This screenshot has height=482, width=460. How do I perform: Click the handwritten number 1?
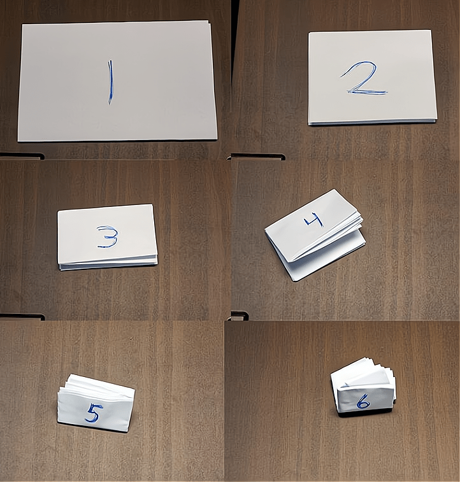coord(110,82)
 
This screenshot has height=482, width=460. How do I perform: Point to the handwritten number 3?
coord(107,237)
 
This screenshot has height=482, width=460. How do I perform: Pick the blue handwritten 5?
coord(93,413)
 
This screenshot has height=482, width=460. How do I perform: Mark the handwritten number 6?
coord(363,402)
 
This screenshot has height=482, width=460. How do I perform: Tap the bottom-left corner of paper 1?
coord(18,141)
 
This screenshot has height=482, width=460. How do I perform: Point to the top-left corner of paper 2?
coord(309,32)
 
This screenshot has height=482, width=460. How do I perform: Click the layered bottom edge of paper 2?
coord(373,122)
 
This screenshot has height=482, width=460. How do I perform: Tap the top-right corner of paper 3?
coord(152,204)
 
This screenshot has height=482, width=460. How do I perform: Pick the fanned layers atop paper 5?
coord(92,384)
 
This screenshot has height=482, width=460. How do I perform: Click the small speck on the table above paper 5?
coord(132,339)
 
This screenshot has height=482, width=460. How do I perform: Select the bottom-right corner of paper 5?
coord(127,431)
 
